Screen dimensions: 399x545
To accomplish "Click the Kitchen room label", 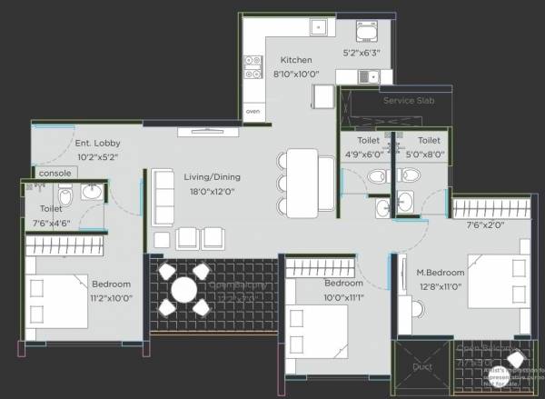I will [296, 60].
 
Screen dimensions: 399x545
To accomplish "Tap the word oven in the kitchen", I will [253, 111].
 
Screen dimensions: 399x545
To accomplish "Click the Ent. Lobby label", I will [97, 143].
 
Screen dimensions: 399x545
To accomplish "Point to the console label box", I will [52, 173].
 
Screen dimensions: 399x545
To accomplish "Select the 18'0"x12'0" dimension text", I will [211, 192].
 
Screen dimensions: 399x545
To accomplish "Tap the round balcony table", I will [184, 290].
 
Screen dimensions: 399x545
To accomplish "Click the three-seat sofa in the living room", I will [163, 196].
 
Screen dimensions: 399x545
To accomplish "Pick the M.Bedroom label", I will [441, 273].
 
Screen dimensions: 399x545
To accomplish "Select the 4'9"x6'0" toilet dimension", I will [368, 155].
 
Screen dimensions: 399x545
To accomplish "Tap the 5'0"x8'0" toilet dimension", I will [429, 155].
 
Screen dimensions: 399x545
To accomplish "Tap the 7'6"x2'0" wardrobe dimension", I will [486, 225].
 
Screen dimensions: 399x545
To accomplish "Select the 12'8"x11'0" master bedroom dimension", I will [441, 286].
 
